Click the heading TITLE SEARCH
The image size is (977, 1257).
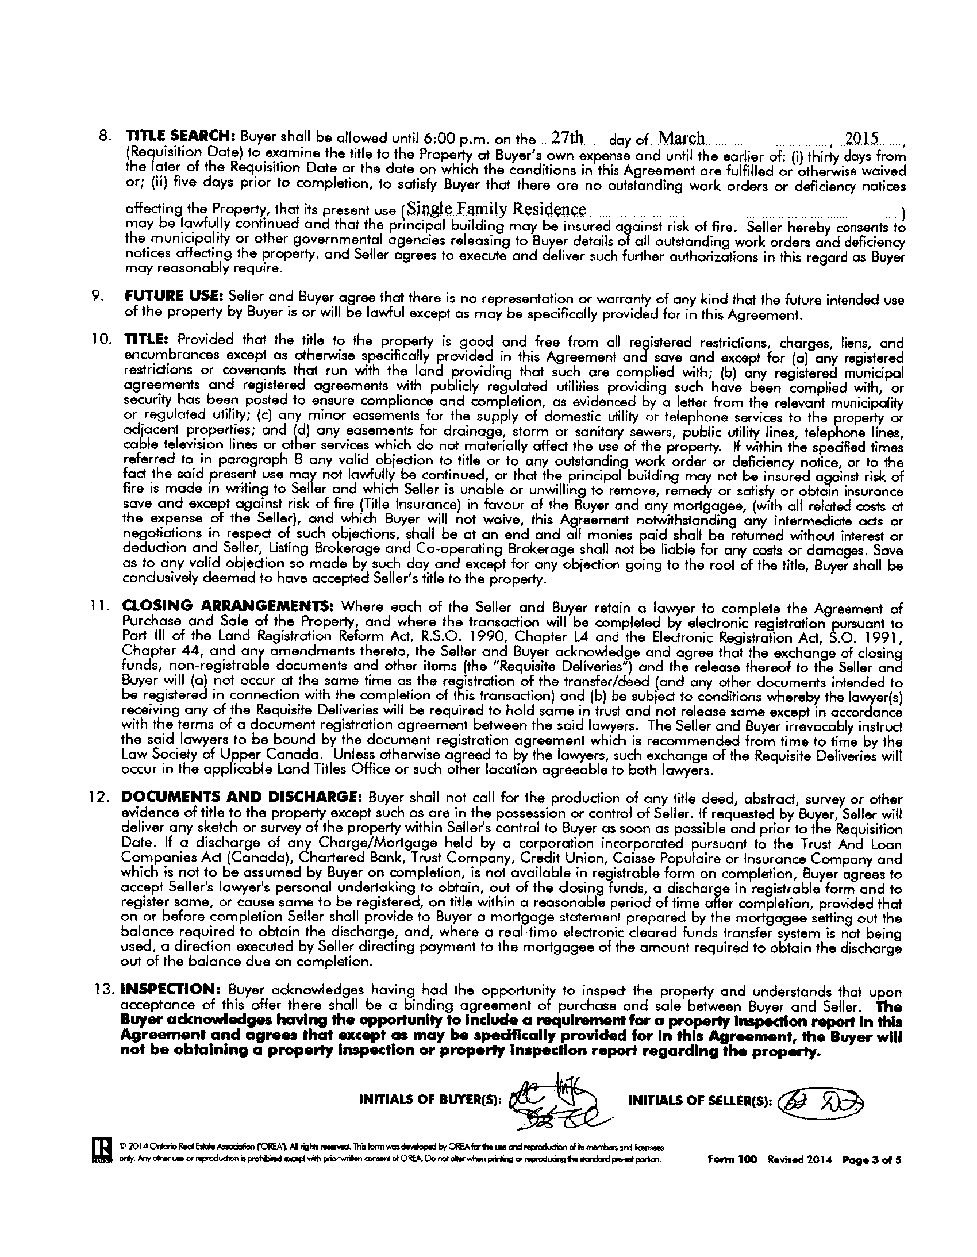click(178, 139)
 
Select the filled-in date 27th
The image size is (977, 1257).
click(567, 138)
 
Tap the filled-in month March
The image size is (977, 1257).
click(681, 138)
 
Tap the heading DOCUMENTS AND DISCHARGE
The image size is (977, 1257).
click(240, 798)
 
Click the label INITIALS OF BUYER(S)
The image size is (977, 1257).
click(430, 1100)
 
